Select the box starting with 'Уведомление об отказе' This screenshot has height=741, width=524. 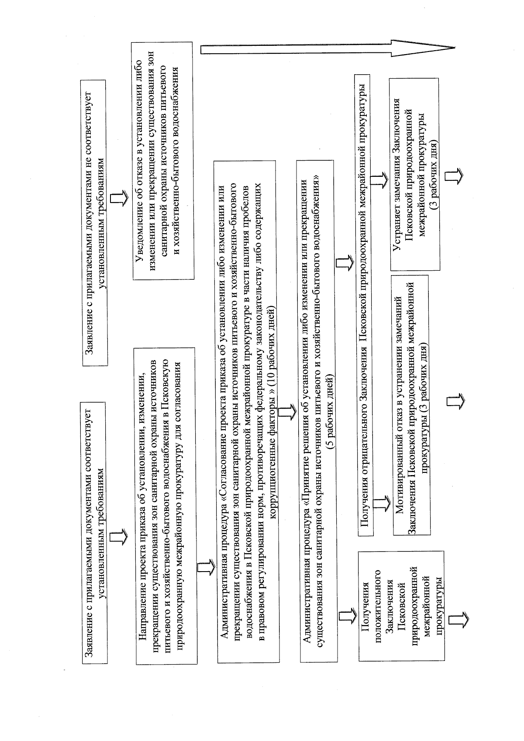163,160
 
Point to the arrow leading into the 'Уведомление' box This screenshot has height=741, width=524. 117,198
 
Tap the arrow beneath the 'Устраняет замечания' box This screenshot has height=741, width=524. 454,176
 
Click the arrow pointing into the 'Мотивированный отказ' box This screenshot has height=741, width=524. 384,502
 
